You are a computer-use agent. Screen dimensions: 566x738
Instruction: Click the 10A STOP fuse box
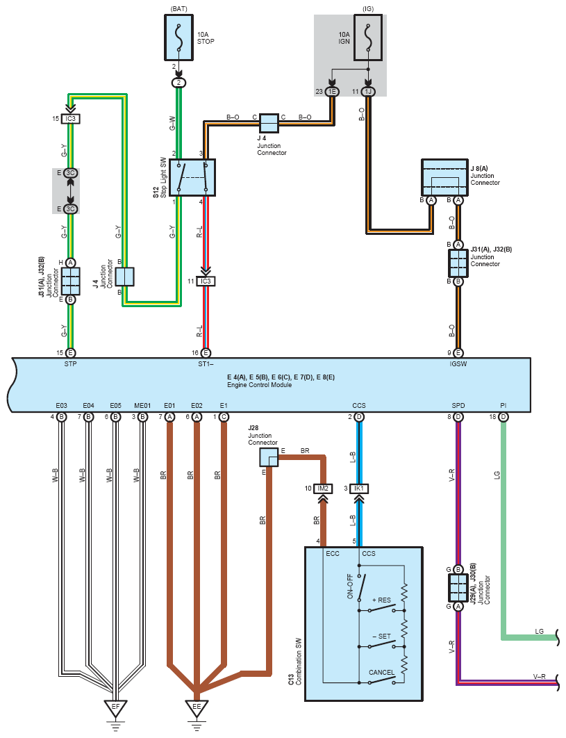click(x=178, y=38)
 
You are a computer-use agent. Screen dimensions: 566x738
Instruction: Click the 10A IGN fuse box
click(x=368, y=38)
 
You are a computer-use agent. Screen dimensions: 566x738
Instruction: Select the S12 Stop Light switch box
click(x=192, y=177)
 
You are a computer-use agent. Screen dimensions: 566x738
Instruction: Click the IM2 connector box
click(x=323, y=489)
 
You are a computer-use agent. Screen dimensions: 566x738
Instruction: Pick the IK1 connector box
click(x=359, y=489)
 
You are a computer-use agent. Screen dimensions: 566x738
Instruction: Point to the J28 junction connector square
click(x=269, y=457)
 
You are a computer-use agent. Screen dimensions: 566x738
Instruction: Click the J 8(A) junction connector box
click(x=444, y=177)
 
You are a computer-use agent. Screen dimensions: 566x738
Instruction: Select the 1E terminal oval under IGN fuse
click(x=332, y=92)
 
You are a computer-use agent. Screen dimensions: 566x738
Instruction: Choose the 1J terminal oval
click(x=368, y=92)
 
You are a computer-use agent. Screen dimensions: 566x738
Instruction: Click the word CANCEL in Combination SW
click(x=381, y=672)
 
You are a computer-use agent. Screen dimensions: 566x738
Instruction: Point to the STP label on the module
click(x=71, y=364)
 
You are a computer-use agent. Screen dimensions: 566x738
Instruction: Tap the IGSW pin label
click(x=458, y=364)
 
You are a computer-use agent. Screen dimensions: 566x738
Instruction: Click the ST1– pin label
click(x=206, y=364)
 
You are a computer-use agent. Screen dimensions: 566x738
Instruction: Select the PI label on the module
click(x=503, y=405)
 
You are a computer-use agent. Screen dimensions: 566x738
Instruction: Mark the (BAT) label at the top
click(x=178, y=9)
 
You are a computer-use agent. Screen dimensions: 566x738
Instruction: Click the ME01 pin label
click(x=142, y=405)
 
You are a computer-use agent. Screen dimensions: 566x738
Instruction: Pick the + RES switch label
click(x=381, y=600)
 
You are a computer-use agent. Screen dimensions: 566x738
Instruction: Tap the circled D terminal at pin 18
click(x=503, y=417)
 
